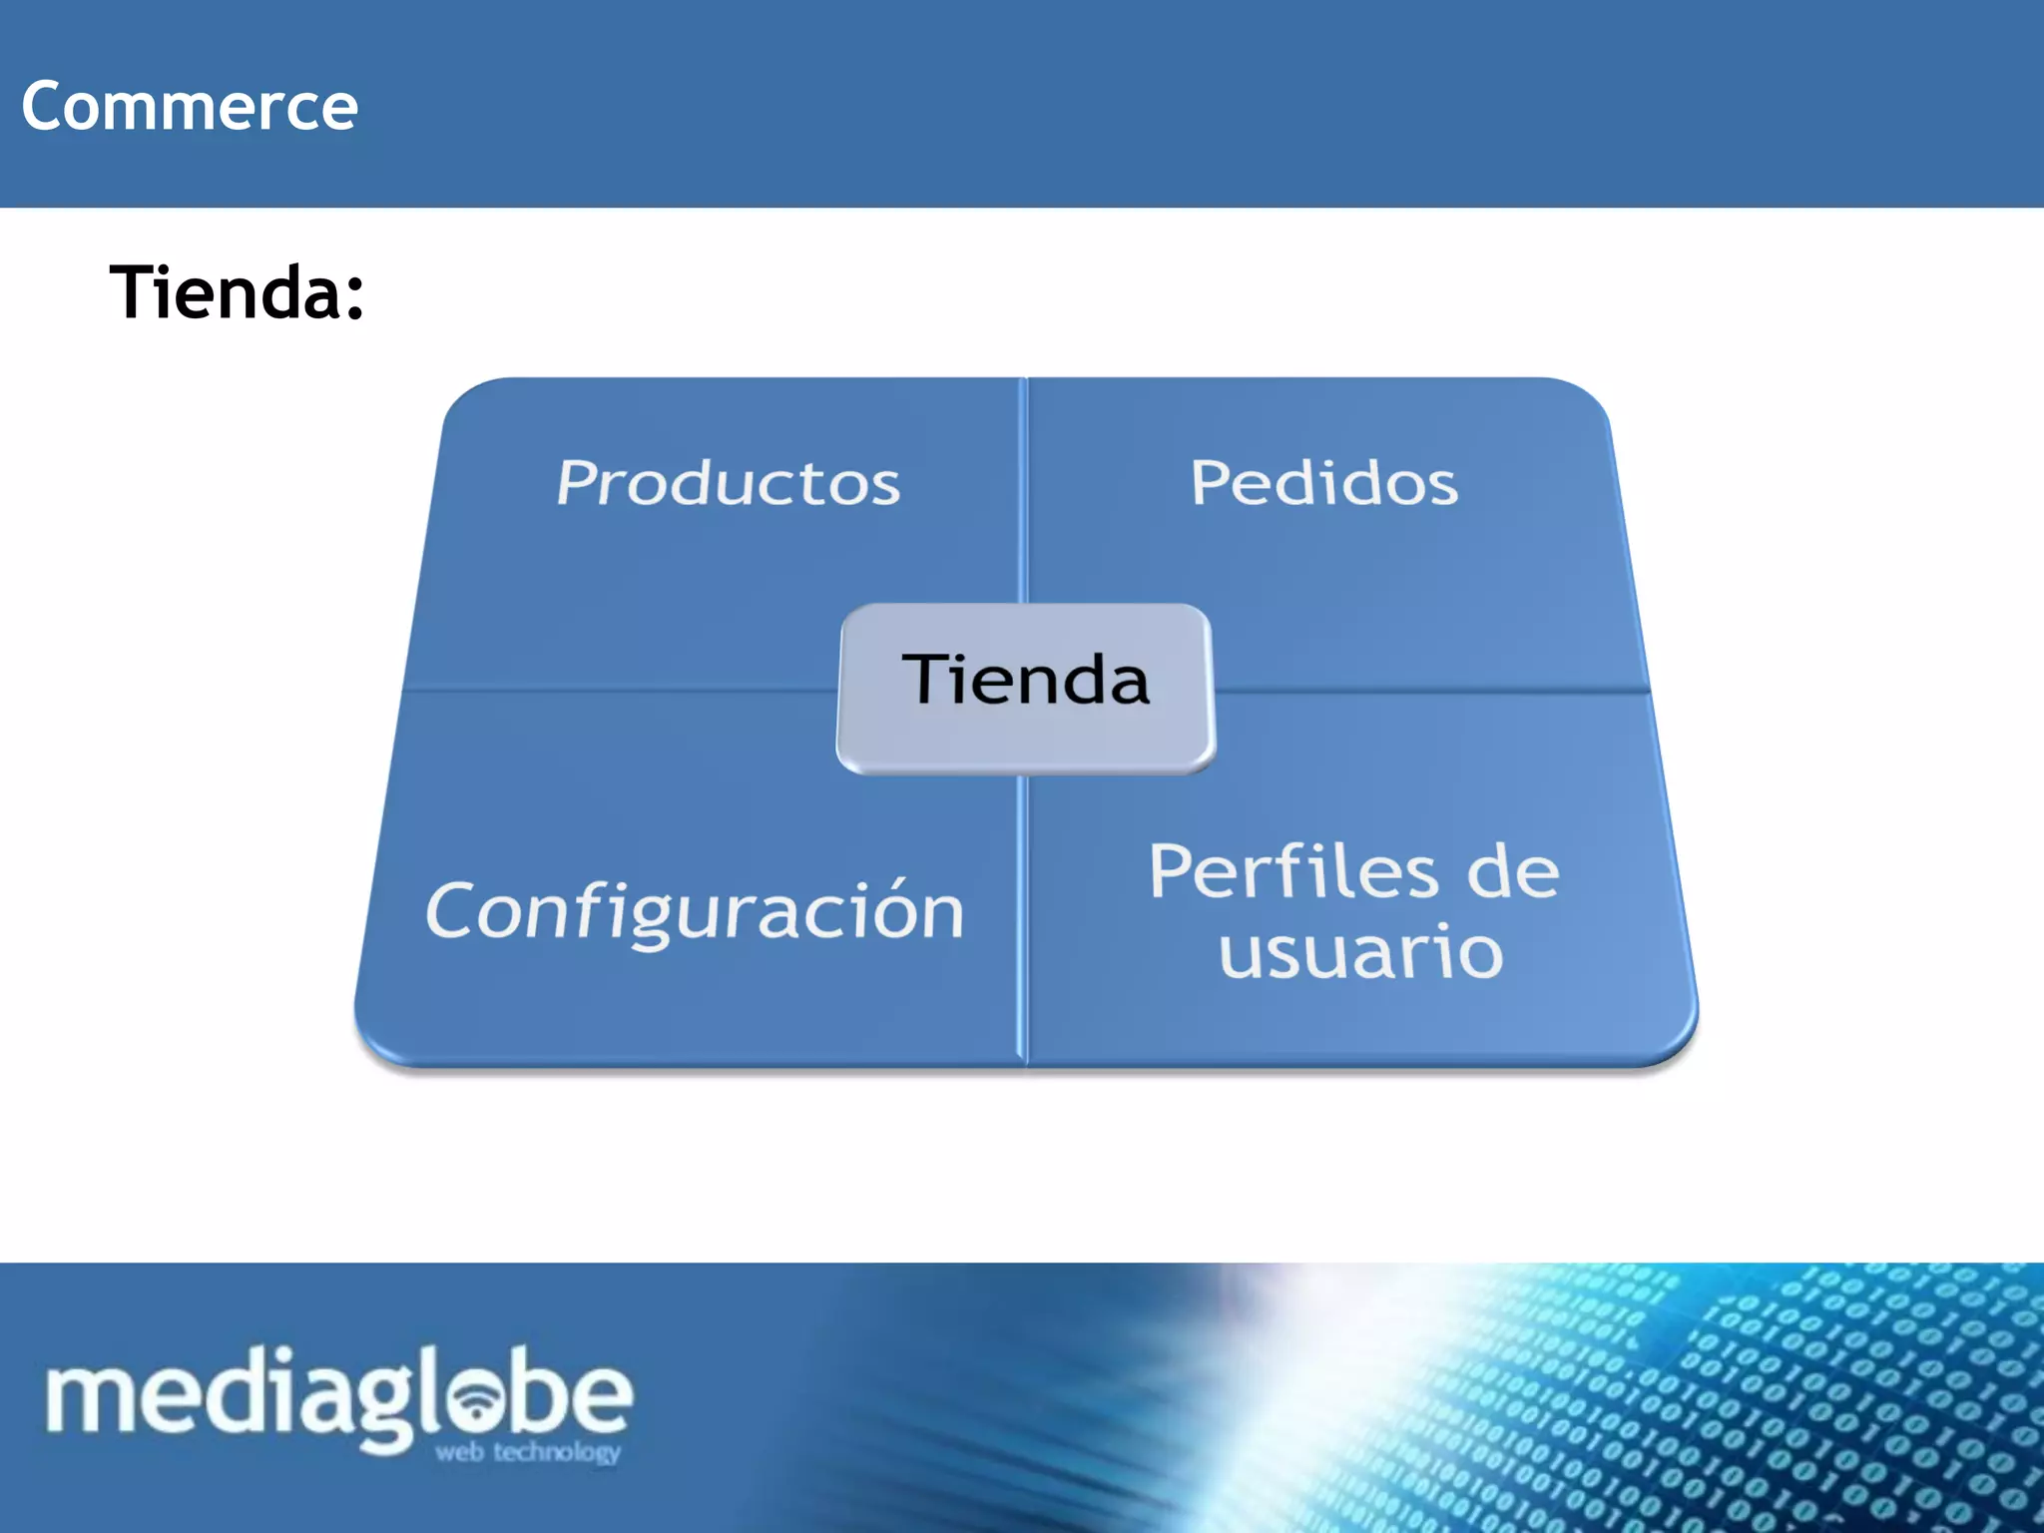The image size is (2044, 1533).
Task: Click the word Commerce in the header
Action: pos(190,106)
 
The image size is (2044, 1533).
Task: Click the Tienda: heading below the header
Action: pos(237,292)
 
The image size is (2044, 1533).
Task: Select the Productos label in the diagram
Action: pos(729,484)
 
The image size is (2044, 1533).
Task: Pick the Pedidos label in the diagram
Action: pos(1323,484)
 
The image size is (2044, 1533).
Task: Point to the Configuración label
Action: pos(695,911)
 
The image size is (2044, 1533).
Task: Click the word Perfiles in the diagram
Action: pos(1292,871)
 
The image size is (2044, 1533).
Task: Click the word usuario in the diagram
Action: pos(1360,951)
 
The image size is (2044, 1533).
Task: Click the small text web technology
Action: pos(527,1452)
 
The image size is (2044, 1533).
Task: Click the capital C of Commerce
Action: pos(46,106)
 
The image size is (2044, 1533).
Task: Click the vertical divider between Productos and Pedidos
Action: pos(1024,489)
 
